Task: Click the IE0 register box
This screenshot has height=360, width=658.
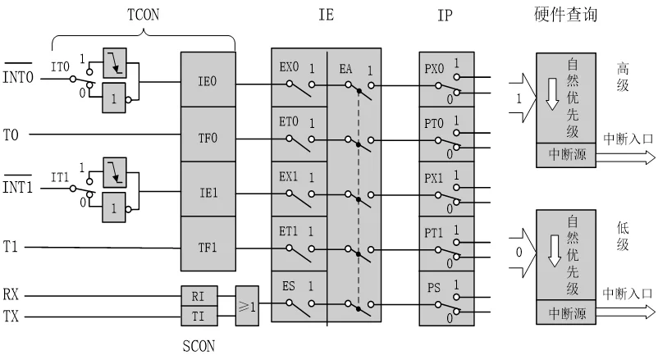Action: tap(208, 81)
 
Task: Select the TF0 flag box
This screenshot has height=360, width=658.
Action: tap(208, 136)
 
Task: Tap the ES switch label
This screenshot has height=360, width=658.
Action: tap(288, 286)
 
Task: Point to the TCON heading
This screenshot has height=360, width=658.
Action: tap(144, 13)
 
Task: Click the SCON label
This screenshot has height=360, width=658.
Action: tap(198, 345)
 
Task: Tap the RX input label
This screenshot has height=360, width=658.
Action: tap(11, 293)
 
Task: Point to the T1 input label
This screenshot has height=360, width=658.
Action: tap(11, 245)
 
